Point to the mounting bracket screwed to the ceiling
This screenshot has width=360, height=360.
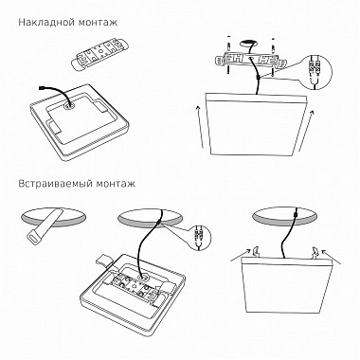(248, 63)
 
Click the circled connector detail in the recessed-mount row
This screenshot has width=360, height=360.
(200, 233)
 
